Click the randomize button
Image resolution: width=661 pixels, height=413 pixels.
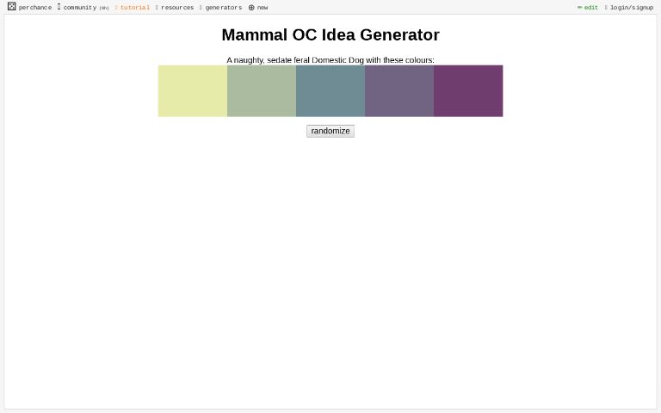(330, 131)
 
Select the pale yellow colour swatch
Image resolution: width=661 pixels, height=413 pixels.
(192, 90)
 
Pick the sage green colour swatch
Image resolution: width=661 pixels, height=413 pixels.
(261, 90)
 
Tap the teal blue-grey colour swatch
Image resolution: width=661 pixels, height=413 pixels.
(330, 90)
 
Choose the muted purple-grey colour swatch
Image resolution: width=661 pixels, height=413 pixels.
(398, 90)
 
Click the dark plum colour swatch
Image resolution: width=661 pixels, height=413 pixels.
(467, 90)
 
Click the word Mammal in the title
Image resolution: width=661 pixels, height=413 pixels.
(254, 35)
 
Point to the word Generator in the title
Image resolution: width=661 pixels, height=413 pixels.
(398, 35)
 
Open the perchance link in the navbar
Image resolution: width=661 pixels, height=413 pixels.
(34, 8)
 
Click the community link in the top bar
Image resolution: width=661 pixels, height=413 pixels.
(79, 8)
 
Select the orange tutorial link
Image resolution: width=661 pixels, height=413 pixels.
(134, 8)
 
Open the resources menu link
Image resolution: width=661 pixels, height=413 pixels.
(176, 8)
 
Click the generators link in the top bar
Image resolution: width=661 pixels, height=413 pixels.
(223, 8)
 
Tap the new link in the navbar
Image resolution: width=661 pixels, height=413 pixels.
(262, 8)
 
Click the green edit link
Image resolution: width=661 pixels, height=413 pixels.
(590, 8)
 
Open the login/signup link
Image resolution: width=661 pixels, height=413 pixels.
(631, 8)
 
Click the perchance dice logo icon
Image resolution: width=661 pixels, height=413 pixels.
(11, 7)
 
